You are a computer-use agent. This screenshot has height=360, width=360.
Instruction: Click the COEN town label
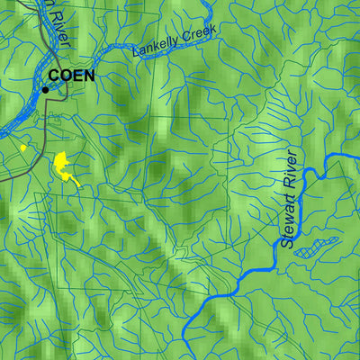pos(71,76)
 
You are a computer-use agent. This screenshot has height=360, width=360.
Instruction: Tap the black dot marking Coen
pos(45,89)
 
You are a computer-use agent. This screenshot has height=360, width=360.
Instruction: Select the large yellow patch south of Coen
pos(63,166)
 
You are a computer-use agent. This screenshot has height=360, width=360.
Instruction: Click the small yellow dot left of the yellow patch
pos(22,148)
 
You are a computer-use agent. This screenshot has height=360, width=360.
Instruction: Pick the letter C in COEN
pos(55,76)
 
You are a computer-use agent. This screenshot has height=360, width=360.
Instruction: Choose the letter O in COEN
pos(67,76)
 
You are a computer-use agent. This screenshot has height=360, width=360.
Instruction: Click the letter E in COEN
pos(77,76)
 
